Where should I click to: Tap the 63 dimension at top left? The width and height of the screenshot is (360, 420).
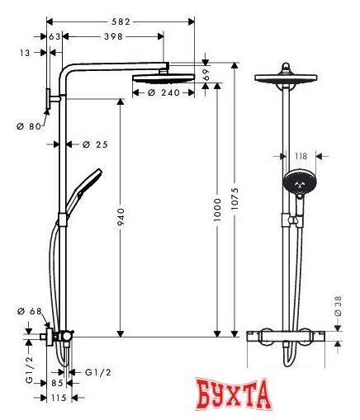click(55, 37)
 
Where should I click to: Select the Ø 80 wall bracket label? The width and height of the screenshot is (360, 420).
click(29, 126)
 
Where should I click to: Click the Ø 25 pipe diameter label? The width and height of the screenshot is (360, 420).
click(96, 144)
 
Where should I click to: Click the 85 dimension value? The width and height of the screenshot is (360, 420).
click(57, 383)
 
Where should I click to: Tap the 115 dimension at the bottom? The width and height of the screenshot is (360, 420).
click(57, 399)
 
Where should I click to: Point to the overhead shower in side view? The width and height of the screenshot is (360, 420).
click(165, 77)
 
